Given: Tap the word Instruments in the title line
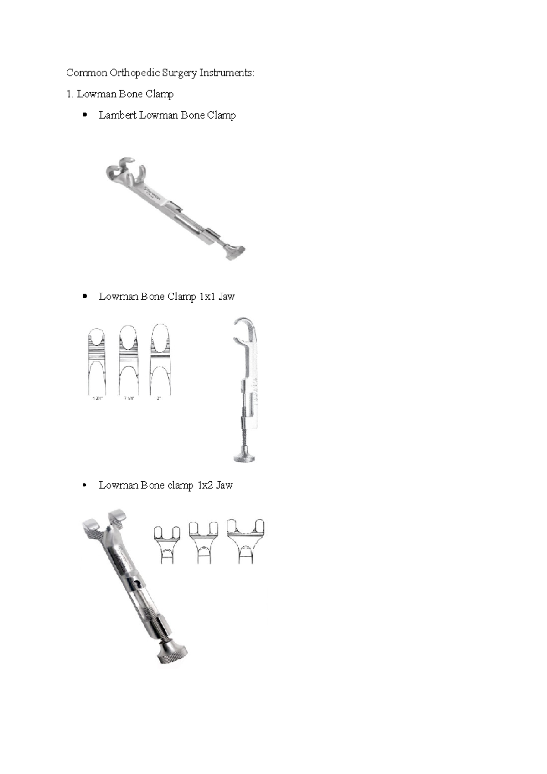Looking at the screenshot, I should click(x=227, y=73).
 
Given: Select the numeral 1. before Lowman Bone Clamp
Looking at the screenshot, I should click(x=70, y=94).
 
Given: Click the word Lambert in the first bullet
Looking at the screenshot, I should click(x=118, y=115).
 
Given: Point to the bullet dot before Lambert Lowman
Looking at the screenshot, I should click(x=84, y=115).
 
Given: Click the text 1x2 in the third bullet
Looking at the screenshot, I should click(x=205, y=485).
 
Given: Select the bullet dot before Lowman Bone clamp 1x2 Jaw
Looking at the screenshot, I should click(x=84, y=486).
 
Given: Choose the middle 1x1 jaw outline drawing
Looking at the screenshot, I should click(x=129, y=360).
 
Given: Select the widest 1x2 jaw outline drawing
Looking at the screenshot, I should click(x=246, y=541).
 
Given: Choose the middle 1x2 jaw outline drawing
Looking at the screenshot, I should click(x=204, y=542).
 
